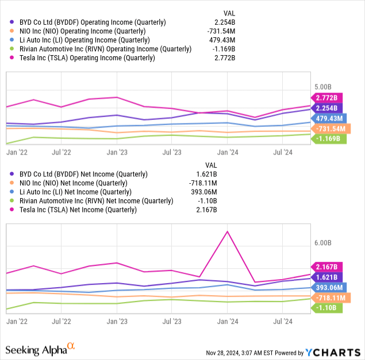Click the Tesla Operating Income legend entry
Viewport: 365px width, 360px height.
click(x=83, y=58)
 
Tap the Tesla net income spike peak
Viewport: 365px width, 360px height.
click(x=228, y=231)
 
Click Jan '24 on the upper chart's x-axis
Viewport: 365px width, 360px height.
click(x=228, y=152)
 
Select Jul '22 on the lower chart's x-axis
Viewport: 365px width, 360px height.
click(x=61, y=323)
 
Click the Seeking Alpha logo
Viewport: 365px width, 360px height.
click(x=40, y=349)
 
